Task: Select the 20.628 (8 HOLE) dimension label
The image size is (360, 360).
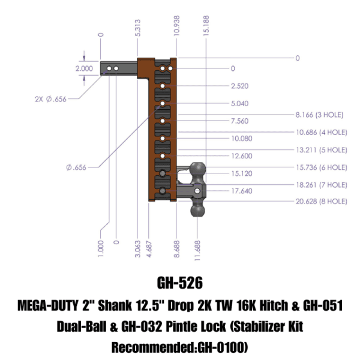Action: pyautogui.click(x=321, y=202)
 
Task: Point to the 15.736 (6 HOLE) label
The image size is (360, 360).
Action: pyautogui.click(x=321, y=167)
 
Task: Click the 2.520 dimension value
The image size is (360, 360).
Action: pyautogui.click(x=239, y=86)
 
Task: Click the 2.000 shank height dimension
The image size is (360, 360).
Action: pyautogui.click(x=84, y=69)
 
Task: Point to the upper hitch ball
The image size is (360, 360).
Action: pyautogui.click(x=198, y=169)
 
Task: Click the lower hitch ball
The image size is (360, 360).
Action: pyautogui.click(x=199, y=212)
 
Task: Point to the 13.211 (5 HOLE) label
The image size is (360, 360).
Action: pyautogui.click(x=321, y=149)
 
